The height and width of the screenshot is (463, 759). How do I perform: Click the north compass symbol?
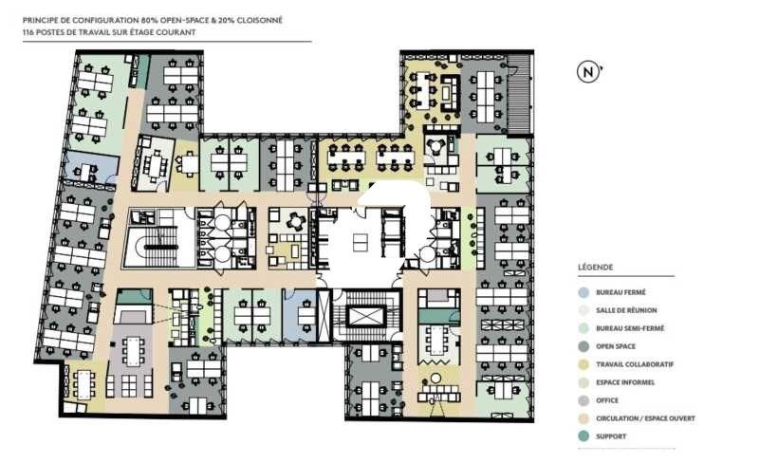[588, 71]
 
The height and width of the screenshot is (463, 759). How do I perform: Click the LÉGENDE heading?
[595, 269]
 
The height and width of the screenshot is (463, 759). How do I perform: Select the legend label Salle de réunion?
[626, 310]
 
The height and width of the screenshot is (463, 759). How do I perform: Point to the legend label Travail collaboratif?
[634, 364]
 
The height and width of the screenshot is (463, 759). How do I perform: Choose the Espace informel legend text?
[625, 382]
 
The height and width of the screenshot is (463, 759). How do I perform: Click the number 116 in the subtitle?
[29, 32]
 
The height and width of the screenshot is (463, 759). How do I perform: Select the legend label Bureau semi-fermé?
[628, 328]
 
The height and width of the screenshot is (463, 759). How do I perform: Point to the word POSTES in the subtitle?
[55, 32]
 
